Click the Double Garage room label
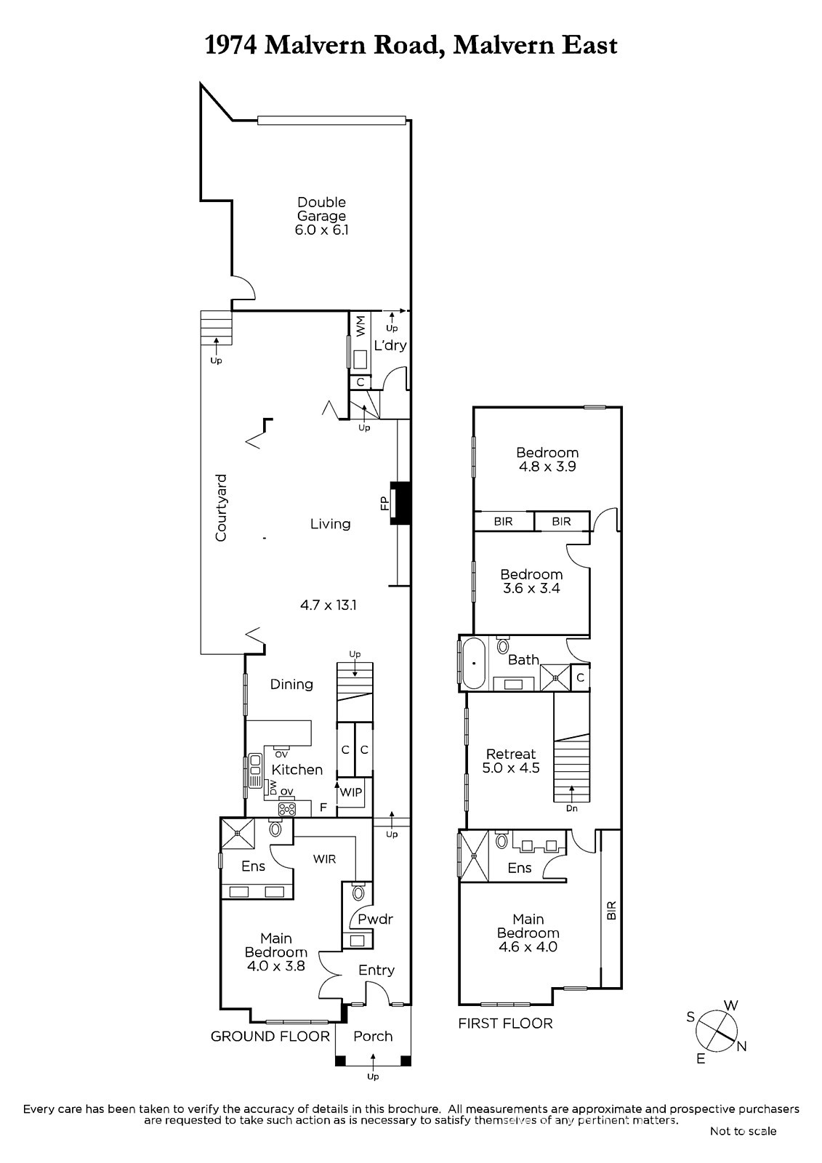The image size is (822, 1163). tap(321, 216)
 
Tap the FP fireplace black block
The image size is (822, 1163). tap(401, 503)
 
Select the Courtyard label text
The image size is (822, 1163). tap(221, 508)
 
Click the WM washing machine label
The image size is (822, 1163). tap(361, 326)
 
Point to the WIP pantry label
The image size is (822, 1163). tap(350, 792)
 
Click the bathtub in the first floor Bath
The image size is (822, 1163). tap(474, 664)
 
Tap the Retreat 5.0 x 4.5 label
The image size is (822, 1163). tap(511, 760)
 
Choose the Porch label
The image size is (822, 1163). tap(373, 1036)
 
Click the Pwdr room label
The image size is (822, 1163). tap(376, 919)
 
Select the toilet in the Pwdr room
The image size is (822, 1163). tap(358, 891)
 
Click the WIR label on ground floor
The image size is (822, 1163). tap(325, 859)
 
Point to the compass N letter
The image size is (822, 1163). tap(741, 1047)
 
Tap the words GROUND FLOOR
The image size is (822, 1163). tap(270, 1037)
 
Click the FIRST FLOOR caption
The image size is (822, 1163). tap(505, 1023)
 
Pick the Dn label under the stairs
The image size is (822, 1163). tap(572, 808)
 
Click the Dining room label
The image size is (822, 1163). tap(291, 684)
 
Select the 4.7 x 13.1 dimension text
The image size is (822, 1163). tap(329, 605)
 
